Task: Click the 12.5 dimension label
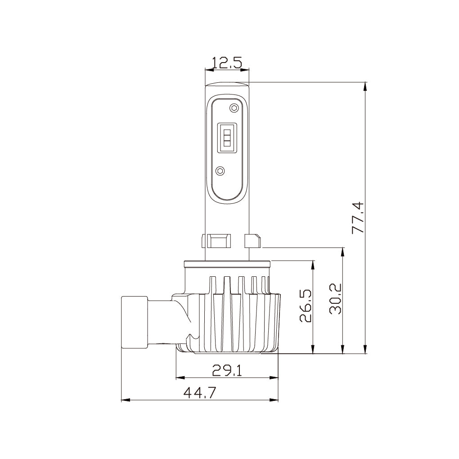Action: (227, 63)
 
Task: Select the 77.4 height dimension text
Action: (358, 218)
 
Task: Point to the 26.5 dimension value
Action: (306, 306)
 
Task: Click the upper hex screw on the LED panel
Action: (233, 108)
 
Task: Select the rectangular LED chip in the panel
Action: (227, 137)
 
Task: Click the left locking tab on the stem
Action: (215, 241)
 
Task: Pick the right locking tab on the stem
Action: (252, 241)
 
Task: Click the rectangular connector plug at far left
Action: (135, 322)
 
